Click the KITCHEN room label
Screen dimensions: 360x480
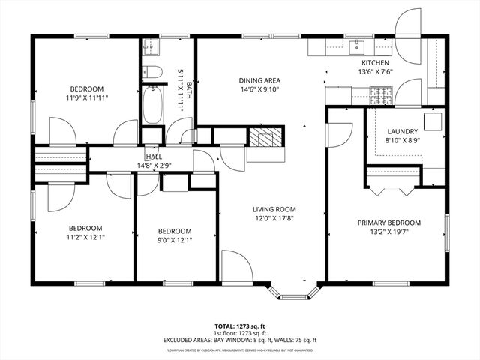pos(375,63)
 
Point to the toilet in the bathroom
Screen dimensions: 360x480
pos(152,72)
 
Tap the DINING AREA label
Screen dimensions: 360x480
pos(259,81)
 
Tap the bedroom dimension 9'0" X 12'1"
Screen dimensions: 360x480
pos(174,241)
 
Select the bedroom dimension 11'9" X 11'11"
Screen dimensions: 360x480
pos(86,97)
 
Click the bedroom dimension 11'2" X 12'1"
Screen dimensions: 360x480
pos(85,238)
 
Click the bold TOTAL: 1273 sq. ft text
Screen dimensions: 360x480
pos(239,327)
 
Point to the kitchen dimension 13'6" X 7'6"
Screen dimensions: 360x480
pos(375,73)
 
